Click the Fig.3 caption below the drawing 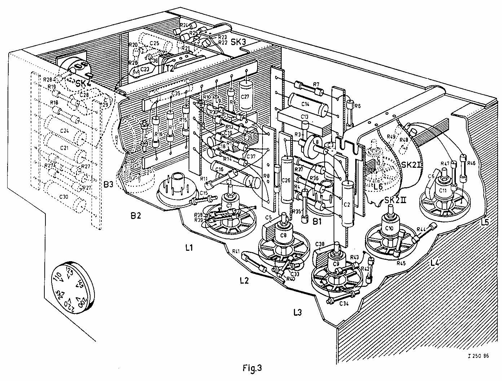point(252,368)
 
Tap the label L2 point(245,280)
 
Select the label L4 point(435,263)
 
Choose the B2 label point(136,216)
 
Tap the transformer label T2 point(169,69)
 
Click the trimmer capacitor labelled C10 point(389,228)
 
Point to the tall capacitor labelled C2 point(347,205)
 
